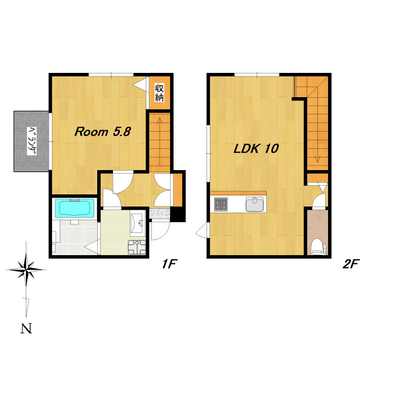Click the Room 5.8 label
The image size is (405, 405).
click(103, 132)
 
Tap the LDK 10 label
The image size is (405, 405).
click(256, 148)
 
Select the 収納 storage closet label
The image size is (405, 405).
click(159, 93)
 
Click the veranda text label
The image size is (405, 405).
click(32, 141)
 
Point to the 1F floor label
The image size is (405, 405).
click(169, 264)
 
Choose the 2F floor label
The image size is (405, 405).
click(351, 264)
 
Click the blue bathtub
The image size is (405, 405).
click(74, 209)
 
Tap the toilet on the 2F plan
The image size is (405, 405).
click(319, 247)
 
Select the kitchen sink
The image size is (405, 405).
click(256, 204)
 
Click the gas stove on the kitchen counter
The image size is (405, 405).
click(221, 204)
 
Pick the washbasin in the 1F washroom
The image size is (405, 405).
click(137, 223)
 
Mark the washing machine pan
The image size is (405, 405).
click(137, 247)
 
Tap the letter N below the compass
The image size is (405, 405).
click(26, 328)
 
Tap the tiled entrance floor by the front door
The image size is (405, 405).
click(159, 214)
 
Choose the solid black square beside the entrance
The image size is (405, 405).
click(178, 214)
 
